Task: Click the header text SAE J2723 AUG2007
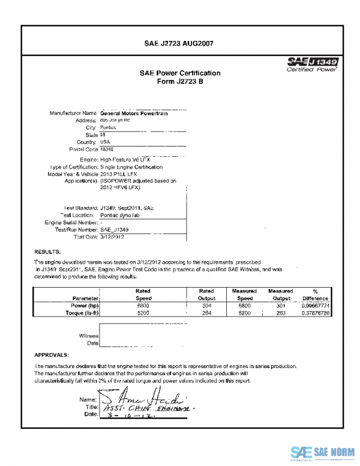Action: coord(179,43)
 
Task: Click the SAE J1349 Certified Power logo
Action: coord(313,64)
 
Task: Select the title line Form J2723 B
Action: coord(179,82)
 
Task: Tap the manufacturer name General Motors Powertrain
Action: coord(134,113)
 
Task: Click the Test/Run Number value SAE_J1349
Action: coord(114,229)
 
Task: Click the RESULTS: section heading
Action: coord(47,251)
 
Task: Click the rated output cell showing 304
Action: coord(206,305)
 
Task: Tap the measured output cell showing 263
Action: coord(280,312)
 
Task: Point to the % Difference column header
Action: coord(315,294)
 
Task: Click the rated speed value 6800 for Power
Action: coord(143,305)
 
